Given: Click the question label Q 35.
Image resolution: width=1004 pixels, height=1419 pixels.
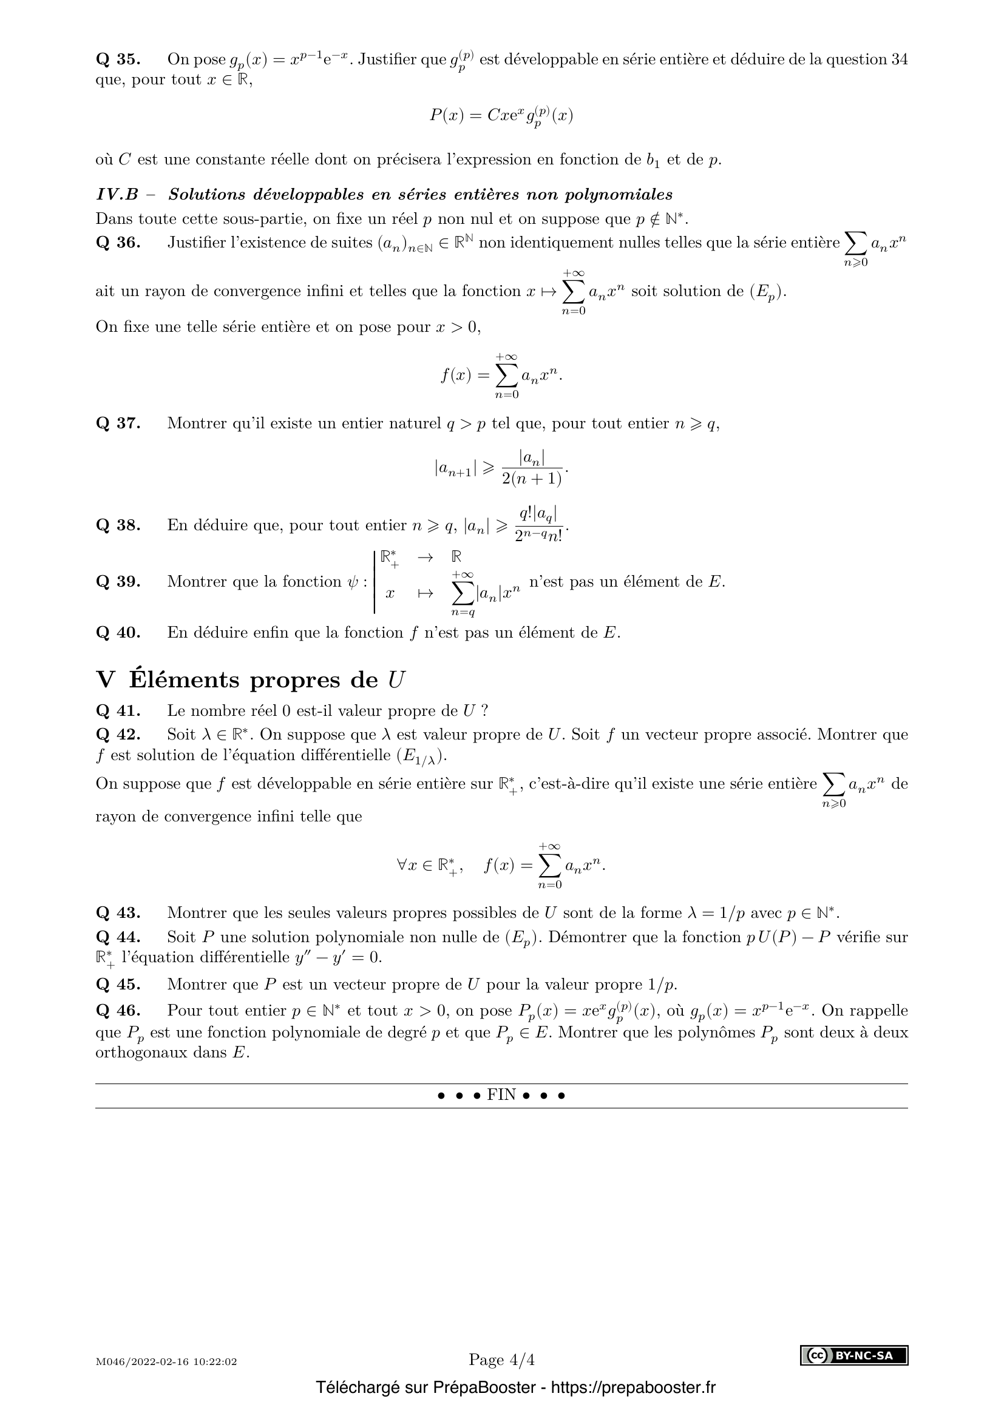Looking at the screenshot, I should click(118, 59).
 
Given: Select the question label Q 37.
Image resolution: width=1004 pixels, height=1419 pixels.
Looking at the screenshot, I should click(118, 424).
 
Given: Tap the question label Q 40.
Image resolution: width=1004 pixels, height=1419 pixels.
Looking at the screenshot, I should click(118, 633).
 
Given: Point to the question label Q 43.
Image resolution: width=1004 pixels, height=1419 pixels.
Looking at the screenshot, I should click(118, 913).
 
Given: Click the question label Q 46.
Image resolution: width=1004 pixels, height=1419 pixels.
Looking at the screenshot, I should click(118, 1011).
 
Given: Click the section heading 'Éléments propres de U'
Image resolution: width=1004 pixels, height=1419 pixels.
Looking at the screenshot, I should click(267, 681).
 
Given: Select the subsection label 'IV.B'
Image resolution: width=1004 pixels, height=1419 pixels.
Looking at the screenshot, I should click(117, 195).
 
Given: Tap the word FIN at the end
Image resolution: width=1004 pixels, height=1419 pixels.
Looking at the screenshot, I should click(501, 1095).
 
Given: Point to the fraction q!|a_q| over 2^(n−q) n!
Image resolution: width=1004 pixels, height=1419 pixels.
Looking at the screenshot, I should click(538, 524).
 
